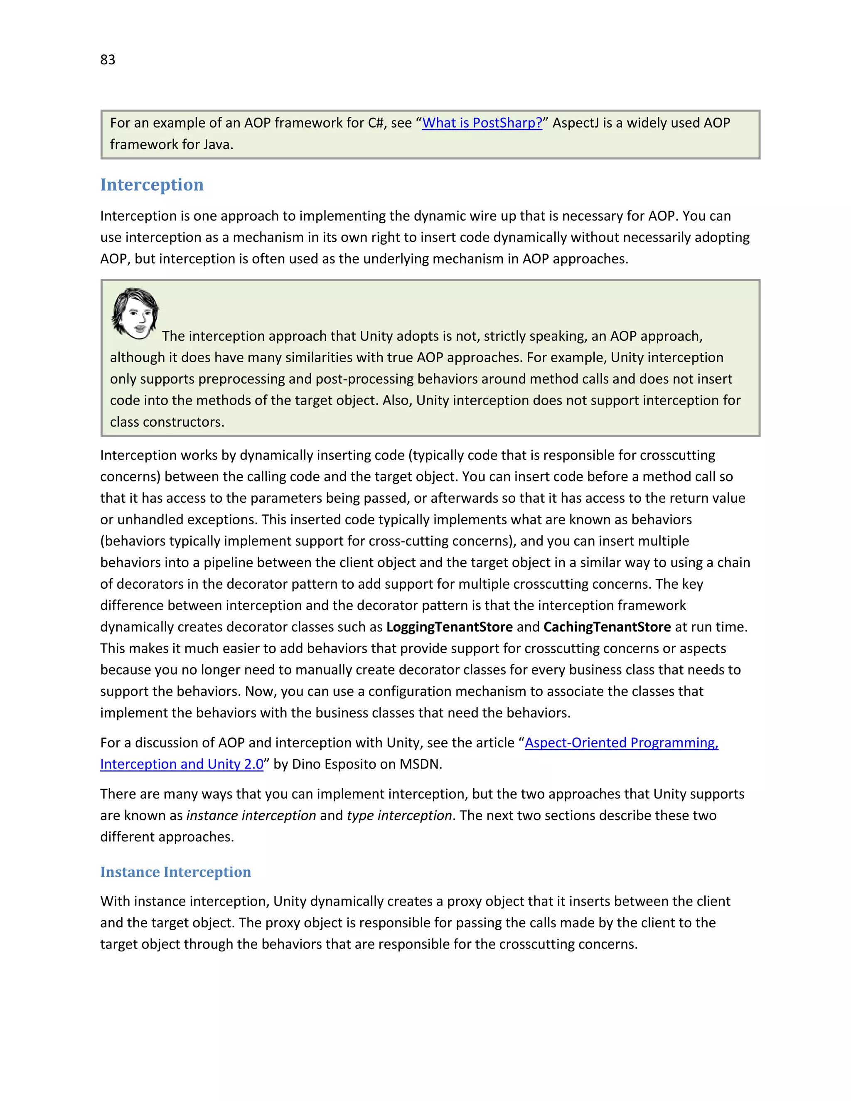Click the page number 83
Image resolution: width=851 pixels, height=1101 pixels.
pyautogui.click(x=107, y=59)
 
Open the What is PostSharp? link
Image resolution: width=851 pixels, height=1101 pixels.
pyautogui.click(x=482, y=123)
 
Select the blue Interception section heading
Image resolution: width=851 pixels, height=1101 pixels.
pyautogui.click(x=152, y=184)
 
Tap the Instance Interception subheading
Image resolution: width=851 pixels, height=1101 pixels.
pyautogui.click(x=175, y=872)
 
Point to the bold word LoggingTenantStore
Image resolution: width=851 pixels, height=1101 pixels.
pyautogui.click(x=449, y=627)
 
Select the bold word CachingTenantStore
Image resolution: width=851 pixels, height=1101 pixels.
pyautogui.click(x=607, y=627)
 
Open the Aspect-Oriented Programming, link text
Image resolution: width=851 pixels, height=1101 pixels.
pyautogui.click(x=621, y=742)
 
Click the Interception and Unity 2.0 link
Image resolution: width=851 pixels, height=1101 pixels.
pyautogui.click(x=182, y=764)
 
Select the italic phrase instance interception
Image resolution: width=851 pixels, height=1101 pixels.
pyautogui.click(x=251, y=815)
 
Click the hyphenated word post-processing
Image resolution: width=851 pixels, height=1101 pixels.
pyautogui.click(x=366, y=379)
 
